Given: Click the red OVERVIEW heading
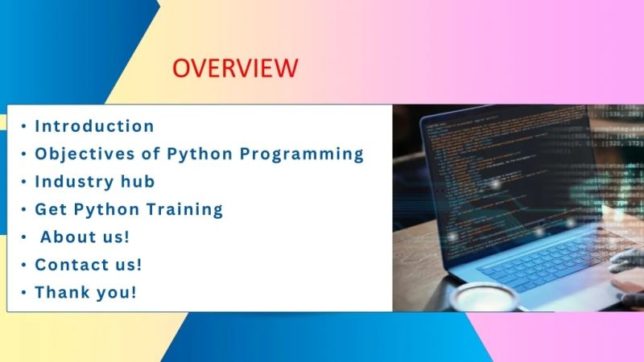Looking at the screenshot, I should [x=235, y=68].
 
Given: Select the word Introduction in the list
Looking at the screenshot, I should [x=94, y=126].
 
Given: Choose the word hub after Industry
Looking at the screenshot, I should [x=137, y=182].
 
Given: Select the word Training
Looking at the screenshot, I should [x=184, y=209].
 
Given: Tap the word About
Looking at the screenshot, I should [x=68, y=237].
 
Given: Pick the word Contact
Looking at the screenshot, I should [x=70, y=265].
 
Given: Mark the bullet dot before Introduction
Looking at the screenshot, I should [x=25, y=127].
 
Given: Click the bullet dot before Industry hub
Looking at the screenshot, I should [x=25, y=183].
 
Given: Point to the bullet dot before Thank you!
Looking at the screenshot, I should [x=25, y=293].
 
